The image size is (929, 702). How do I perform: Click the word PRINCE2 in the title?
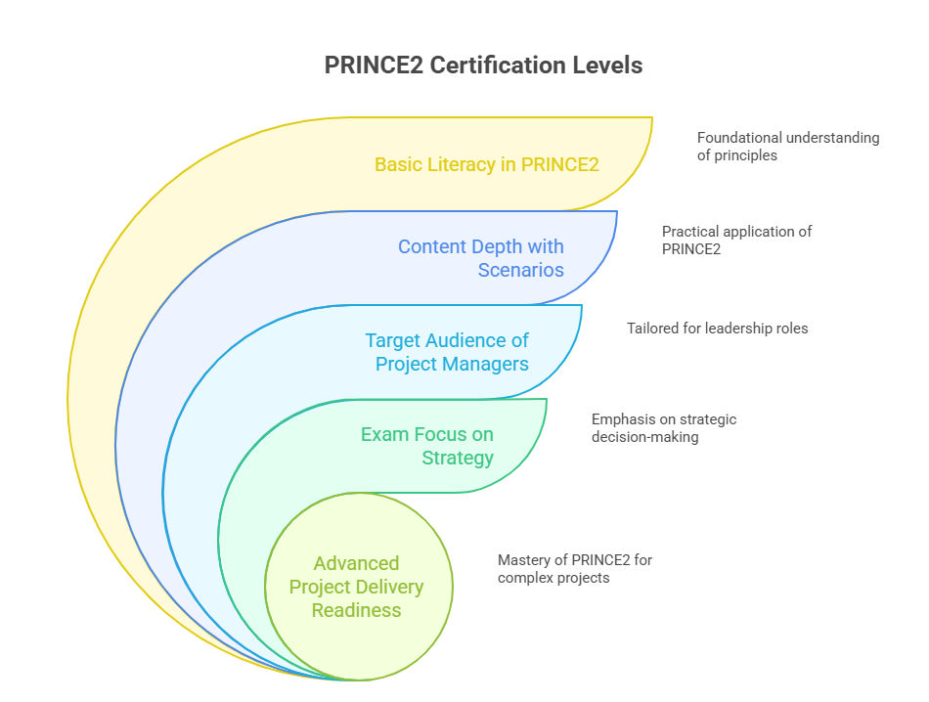[374, 66]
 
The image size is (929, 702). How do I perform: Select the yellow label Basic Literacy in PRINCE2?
[486, 164]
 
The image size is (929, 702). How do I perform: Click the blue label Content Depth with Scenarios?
[480, 258]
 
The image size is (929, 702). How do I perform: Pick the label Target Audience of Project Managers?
[447, 352]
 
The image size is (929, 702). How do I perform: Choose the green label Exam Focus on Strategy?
[426, 446]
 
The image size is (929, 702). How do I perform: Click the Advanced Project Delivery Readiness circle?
[357, 587]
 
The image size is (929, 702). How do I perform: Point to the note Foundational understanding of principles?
[787, 147]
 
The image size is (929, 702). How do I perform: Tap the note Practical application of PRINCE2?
[736, 241]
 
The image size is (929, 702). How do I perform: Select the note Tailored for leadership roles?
[717, 329]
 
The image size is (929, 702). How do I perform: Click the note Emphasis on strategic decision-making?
[663, 428]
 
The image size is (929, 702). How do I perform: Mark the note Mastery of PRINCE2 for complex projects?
[574, 569]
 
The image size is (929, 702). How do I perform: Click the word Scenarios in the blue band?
[520, 270]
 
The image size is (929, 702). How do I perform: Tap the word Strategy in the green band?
[457, 458]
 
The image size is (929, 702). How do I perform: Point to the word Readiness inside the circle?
[357, 610]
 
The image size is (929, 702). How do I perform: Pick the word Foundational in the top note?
[739, 138]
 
